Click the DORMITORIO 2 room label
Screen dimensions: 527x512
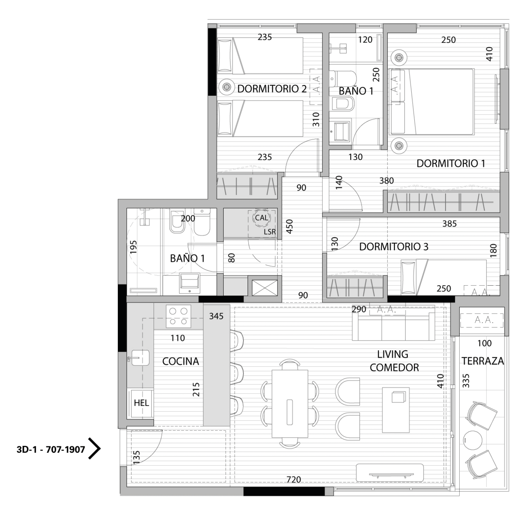pyautogui.click(x=272, y=89)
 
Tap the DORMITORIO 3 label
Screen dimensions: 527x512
pyautogui.click(x=394, y=246)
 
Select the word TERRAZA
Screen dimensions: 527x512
pyautogui.click(x=482, y=361)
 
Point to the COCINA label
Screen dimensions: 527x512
pyautogui.click(x=180, y=361)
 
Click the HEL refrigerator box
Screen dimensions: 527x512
pyautogui.click(x=141, y=403)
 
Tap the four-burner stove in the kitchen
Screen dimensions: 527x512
pyautogui.click(x=178, y=316)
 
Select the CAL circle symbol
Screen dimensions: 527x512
pyautogui.click(x=261, y=218)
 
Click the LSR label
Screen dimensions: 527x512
pyautogui.click(x=269, y=232)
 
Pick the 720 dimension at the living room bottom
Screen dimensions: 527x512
pyautogui.click(x=294, y=479)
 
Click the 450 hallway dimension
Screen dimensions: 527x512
pyautogui.click(x=289, y=226)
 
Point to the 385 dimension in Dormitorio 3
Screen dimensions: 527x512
pyautogui.click(x=449, y=224)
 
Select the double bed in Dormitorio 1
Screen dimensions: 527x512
pyautogui.click(x=432, y=101)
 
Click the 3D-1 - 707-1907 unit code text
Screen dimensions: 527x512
pyautogui.click(x=51, y=449)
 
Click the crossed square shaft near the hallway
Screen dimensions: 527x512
pyautogui.click(x=265, y=288)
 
